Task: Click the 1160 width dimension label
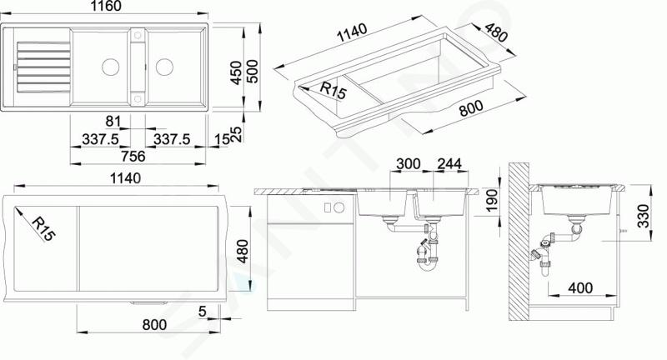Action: point(106,7)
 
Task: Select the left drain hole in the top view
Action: point(111,67)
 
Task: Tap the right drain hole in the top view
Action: point(164,67)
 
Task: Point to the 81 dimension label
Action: point(113,122)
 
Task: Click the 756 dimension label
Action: point(133,157)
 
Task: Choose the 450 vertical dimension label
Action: point(236,72)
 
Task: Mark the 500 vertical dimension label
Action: point(253,72)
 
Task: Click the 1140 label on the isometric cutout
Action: point(352,32)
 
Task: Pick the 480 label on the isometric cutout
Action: point(496,33)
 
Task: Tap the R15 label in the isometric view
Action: point(333,91)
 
